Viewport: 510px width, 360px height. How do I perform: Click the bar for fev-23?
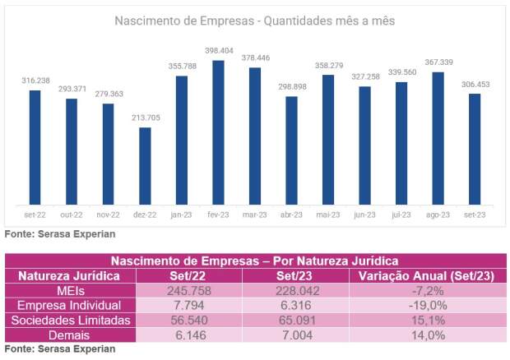[218, 132]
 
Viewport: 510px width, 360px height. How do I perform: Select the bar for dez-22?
[145, 166]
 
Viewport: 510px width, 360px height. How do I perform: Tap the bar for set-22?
[35, 147]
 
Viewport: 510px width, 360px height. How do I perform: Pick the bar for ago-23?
[438, 138]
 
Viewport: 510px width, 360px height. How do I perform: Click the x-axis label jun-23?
[364, 215]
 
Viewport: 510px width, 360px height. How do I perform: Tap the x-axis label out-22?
[72, 215]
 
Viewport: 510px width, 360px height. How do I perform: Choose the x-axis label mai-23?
[327, 215]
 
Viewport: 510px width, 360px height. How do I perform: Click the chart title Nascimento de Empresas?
[255, 20]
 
